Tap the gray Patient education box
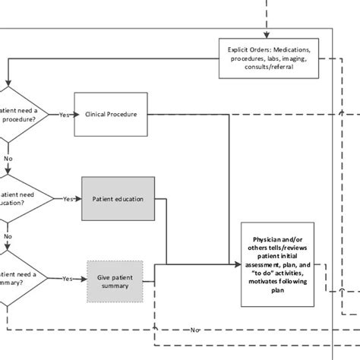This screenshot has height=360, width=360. pos(118,199)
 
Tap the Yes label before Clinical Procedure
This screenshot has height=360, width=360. pos(65,115)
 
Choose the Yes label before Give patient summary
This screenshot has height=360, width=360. pos(68,279)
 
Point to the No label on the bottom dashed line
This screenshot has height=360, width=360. pos(195,330)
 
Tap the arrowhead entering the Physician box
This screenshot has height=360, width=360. pos(238,264)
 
